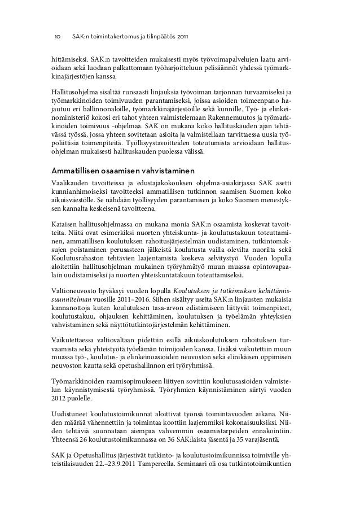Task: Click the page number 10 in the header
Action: [x=57, y=37]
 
